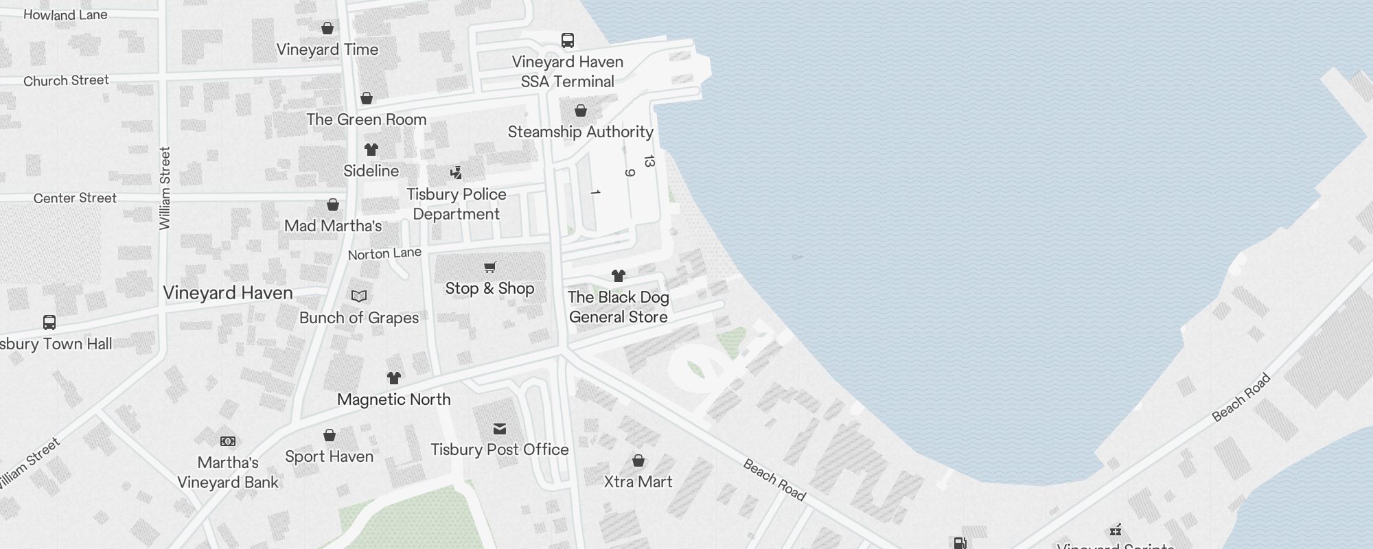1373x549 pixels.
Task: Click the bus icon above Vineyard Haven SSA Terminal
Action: tap(568, 40)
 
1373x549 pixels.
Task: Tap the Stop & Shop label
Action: tap(489, 288)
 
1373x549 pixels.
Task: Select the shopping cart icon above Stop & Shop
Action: tap(489, 267)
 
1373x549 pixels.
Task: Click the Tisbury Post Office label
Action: tap(499, 449)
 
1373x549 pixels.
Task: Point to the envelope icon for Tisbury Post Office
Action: tap(500, 429)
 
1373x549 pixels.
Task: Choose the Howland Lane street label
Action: tap(65, 14)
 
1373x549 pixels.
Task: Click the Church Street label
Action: tap(66, 80)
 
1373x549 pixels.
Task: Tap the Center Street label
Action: tap(75, 198)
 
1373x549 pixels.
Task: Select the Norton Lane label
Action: tap(384, 253)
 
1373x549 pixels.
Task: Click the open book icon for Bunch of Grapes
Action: tap(359, 296)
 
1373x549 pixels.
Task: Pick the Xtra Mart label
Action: tap(638, 482)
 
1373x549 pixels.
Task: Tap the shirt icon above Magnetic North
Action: tap(393, 377)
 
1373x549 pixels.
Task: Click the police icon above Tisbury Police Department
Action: tap(456, 172)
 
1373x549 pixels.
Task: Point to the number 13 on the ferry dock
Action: tap(649, 161)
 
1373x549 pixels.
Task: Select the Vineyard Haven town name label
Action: tap(228, 293)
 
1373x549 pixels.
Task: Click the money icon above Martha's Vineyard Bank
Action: tap(228, 441)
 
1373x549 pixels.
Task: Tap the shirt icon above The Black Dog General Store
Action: tap(618, 276)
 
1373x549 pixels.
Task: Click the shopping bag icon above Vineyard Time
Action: tap(327, 28)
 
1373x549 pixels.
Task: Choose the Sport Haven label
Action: tap(329, 456)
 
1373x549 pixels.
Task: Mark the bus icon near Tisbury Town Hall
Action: tap(49, 322)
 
